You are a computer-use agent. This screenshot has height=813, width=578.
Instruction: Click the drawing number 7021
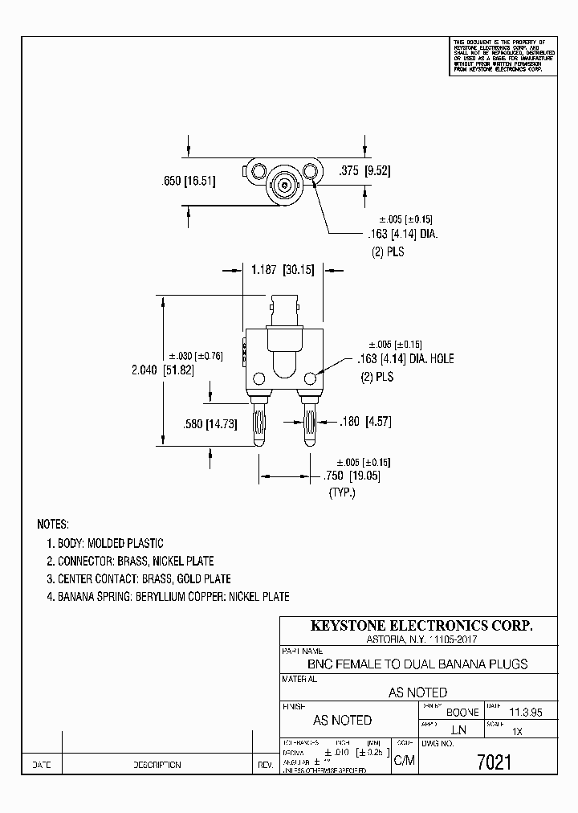click(495, 762)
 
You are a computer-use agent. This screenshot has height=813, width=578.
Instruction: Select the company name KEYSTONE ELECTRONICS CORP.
click(421, 626)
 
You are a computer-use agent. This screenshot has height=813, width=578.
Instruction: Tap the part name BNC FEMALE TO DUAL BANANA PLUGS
click(417, 664)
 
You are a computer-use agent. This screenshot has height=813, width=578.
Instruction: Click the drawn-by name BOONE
click(462, 713)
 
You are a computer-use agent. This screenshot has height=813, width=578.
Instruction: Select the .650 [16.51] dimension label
click(189, 182)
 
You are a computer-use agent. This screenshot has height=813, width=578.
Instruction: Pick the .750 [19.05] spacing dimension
click(352, 476)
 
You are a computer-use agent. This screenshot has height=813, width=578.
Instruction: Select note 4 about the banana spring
click(168, 597)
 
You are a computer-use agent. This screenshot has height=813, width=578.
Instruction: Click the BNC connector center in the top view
click(285, 186)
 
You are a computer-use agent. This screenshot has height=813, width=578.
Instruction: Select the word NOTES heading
click(54, 524)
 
